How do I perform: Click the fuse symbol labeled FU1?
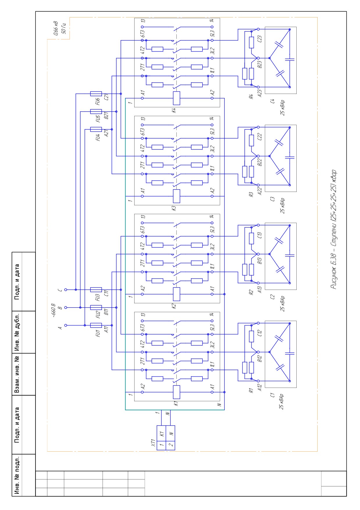tap(96, 325)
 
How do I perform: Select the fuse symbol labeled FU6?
tap(96, 94)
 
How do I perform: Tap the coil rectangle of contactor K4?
tap(176, 98)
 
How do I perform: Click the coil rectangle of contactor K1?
tap(176, 392)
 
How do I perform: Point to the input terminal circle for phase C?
tap(66, 290)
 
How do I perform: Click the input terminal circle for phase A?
tap(66, 325)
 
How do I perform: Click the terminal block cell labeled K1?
tap(161, 434)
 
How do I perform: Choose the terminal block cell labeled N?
tap(171, 434)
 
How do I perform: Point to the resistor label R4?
tap(251, 96)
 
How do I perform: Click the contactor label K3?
tap(174, 208)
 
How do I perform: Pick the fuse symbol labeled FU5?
tap(96, 112)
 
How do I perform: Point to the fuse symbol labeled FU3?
tap(96, 290)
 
